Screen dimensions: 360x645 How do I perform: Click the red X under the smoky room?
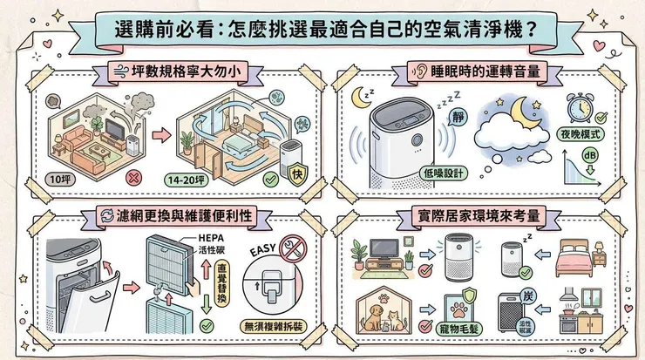(134, 178)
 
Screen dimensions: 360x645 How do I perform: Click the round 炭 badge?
(527, 294)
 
